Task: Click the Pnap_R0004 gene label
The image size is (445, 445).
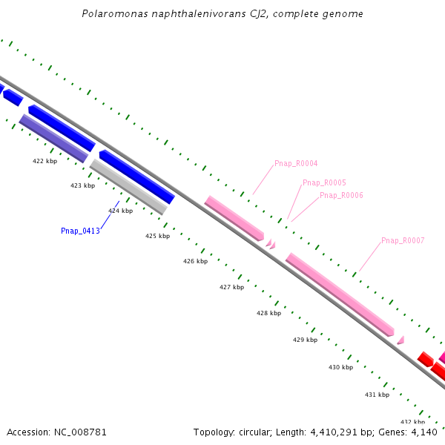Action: pos(296,163)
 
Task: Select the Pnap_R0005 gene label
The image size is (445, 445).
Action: pos(324,182)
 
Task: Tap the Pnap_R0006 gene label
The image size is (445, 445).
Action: pos(341,195)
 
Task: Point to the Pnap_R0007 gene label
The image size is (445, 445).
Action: pos(403,240)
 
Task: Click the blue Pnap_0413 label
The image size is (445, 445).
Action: pos(80,231)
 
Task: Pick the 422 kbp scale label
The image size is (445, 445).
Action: pos(44,161)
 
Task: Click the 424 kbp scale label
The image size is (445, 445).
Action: pos(120,211)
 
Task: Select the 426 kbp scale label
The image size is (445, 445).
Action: pos(195,261)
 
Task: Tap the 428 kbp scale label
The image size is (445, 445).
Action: pos(268,313)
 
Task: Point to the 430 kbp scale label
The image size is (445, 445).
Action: pos(340,367)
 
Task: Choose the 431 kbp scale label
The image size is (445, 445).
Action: pos(377,395)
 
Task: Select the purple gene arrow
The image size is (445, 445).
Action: pos(53,138)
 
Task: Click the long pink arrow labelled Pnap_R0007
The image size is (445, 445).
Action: pos(339,294)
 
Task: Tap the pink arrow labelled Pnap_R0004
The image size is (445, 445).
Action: pos(234,218)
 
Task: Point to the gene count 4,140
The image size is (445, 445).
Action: pos(423,432)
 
